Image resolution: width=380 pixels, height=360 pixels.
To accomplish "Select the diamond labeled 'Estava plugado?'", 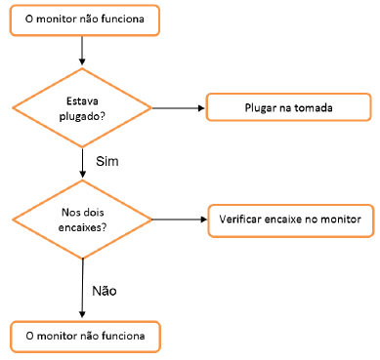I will (82, 108).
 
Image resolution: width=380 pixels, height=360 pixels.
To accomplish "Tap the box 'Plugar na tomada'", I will (287, 105).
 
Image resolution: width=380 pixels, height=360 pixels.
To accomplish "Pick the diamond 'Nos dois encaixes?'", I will (82, 220).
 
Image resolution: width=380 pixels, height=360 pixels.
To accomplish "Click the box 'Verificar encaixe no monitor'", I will (290, 219).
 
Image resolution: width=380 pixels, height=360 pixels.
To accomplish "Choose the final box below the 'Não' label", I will (83, 337).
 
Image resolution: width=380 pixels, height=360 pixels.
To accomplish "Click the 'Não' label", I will (105, 291).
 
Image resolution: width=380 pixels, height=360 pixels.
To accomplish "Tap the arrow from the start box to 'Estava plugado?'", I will (83, 50).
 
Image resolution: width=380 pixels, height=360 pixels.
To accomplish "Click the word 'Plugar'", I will (260, 105).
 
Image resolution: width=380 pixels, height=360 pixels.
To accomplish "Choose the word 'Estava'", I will (82, 100).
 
